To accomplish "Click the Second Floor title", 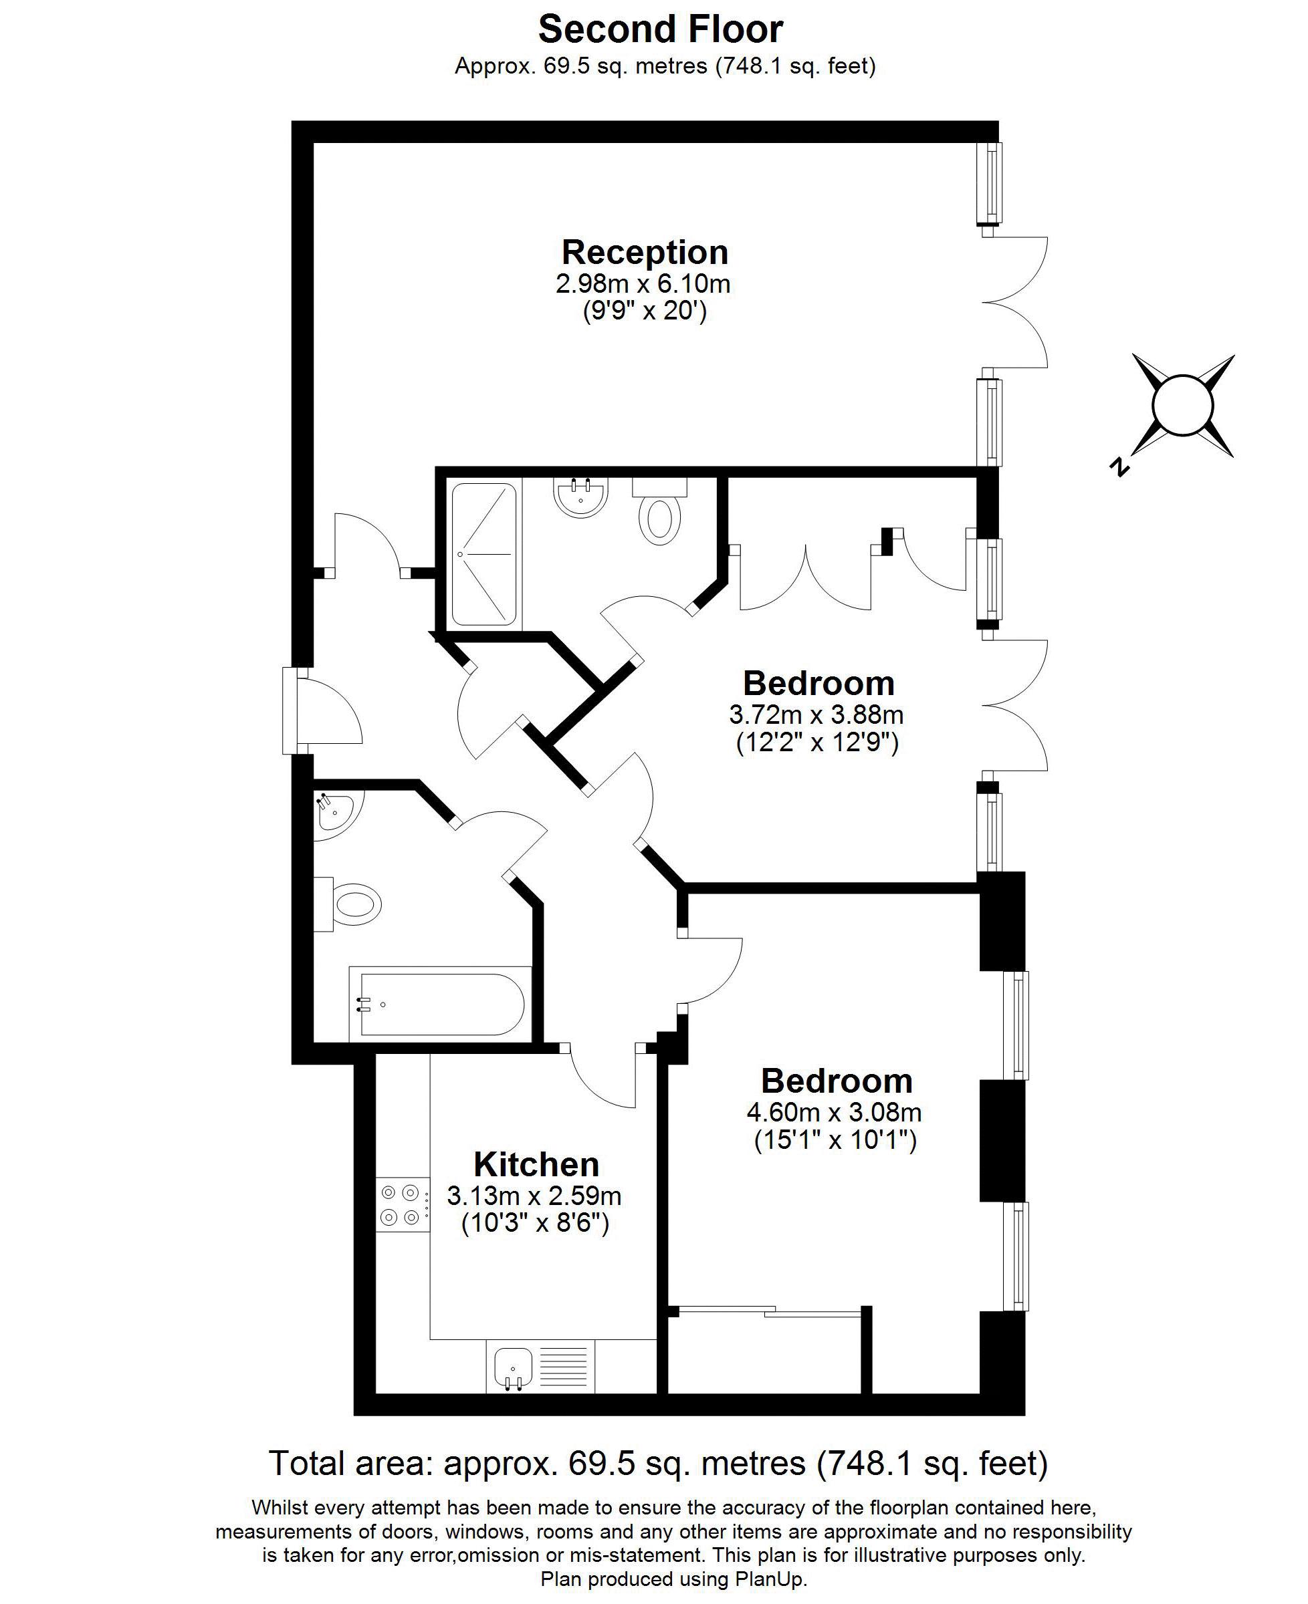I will click(660, 30).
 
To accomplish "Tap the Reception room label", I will click(644, 252).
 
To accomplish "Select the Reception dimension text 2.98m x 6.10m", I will click(643, 284).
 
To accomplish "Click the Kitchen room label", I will click(536, 1164).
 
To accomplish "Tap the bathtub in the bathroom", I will click(441, 1005).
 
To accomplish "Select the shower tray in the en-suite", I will click(483, 554).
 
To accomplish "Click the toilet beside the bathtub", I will click(354, 904).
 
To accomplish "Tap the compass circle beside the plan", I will click(1183, 405).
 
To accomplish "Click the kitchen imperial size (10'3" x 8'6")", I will click(534, 1224).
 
